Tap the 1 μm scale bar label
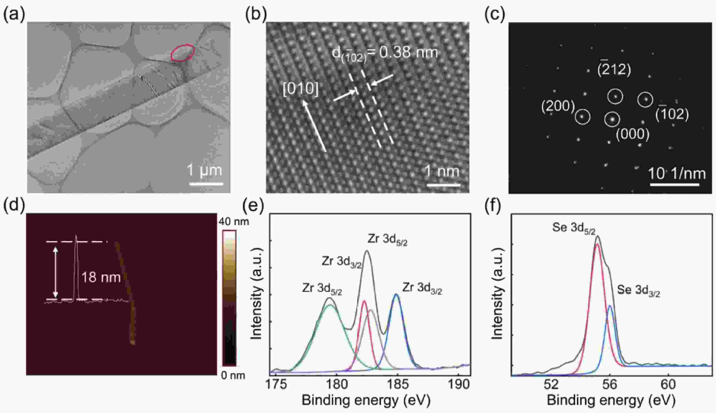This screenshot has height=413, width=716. [204, 170]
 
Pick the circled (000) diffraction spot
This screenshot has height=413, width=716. [612, 119]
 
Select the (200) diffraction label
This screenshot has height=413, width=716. [558, 106]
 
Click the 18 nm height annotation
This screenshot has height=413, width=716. [101, 277]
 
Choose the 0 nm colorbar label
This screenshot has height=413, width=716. [233, 376]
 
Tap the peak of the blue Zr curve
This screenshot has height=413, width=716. [396, 294]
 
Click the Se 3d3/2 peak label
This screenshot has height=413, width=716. [638, 291]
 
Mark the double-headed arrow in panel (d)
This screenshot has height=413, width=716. [56, 272]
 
